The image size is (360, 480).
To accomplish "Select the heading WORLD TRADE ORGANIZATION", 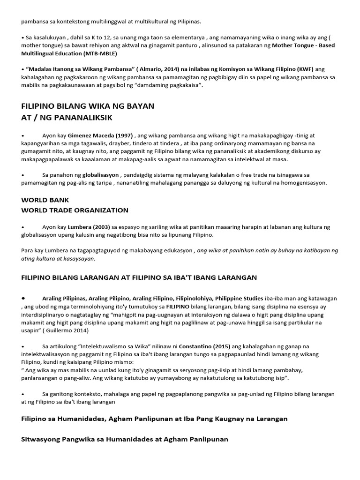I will [75, 210].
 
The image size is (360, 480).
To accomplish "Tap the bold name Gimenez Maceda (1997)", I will [93, 135].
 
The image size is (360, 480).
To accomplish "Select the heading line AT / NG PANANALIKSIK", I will [67, 117].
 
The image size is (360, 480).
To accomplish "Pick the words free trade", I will [246, 175].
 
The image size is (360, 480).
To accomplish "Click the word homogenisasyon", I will [303, 183].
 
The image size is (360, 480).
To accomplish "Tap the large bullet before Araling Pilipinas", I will [23, 298].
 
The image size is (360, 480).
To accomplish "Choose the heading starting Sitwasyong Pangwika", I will [125, 439].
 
